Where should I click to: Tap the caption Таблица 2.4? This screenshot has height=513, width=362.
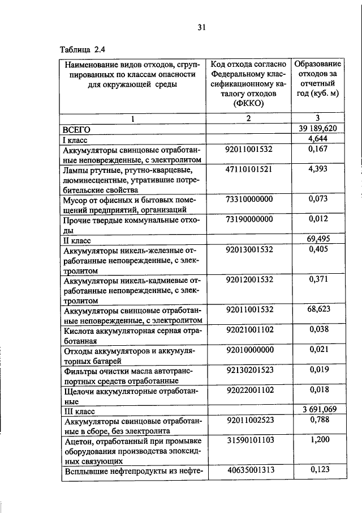(x=82, y=49)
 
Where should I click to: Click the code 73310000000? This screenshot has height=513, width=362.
(x=249, y=199)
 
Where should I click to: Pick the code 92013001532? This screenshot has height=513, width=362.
(x=249, y=249)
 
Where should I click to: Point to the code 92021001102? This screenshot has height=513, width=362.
(x=249, y=329)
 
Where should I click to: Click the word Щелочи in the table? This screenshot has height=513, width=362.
(x=79, y=390)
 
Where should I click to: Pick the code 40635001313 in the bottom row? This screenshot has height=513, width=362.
(x=249, y=469)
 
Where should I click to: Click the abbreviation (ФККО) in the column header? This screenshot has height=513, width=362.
(x=249, y=103)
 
